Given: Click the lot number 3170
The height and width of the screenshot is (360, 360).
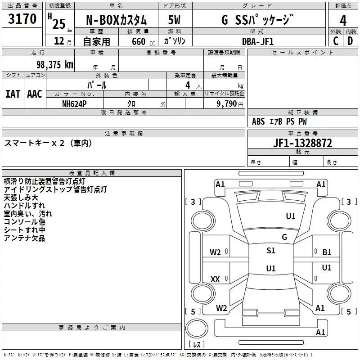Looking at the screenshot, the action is coord(22,19).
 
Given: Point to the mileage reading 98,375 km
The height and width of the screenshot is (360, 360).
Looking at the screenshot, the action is coord(54,65).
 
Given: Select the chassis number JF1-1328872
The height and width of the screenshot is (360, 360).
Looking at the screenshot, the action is coord(302,143).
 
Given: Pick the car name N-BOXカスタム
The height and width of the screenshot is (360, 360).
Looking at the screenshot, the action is coord(117,20).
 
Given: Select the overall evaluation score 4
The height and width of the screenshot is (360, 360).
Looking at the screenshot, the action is coord(343,20).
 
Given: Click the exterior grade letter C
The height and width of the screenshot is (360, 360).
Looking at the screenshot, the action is coord(335,41).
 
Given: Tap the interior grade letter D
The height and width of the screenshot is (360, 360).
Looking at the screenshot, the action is coord(350,41).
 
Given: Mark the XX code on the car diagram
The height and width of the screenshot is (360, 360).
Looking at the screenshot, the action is coord(215,279).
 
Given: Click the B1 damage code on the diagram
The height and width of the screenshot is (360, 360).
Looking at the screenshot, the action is coord(327,252).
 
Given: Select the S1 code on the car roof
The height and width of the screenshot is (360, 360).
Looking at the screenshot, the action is coord(270,251).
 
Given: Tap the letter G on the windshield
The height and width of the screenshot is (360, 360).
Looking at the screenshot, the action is coord(284,237).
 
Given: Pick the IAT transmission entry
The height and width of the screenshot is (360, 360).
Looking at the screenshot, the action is coord(13,94).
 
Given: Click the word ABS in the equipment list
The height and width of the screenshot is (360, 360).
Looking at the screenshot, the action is coord(258,121).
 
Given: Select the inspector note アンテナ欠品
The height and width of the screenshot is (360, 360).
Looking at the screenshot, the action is coord(24,238).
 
